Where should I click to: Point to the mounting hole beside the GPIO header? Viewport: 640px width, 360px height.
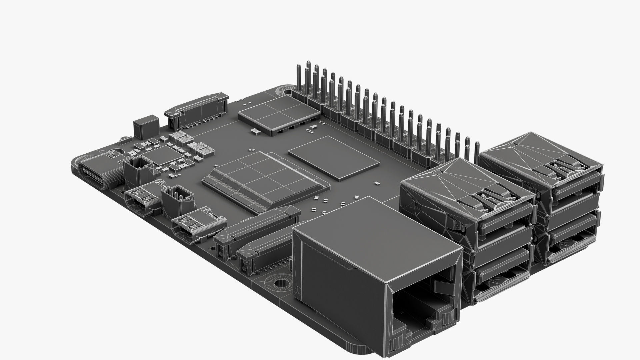(x=286, y=91)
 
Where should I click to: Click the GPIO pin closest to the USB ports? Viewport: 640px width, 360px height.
(x=477, y=148)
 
